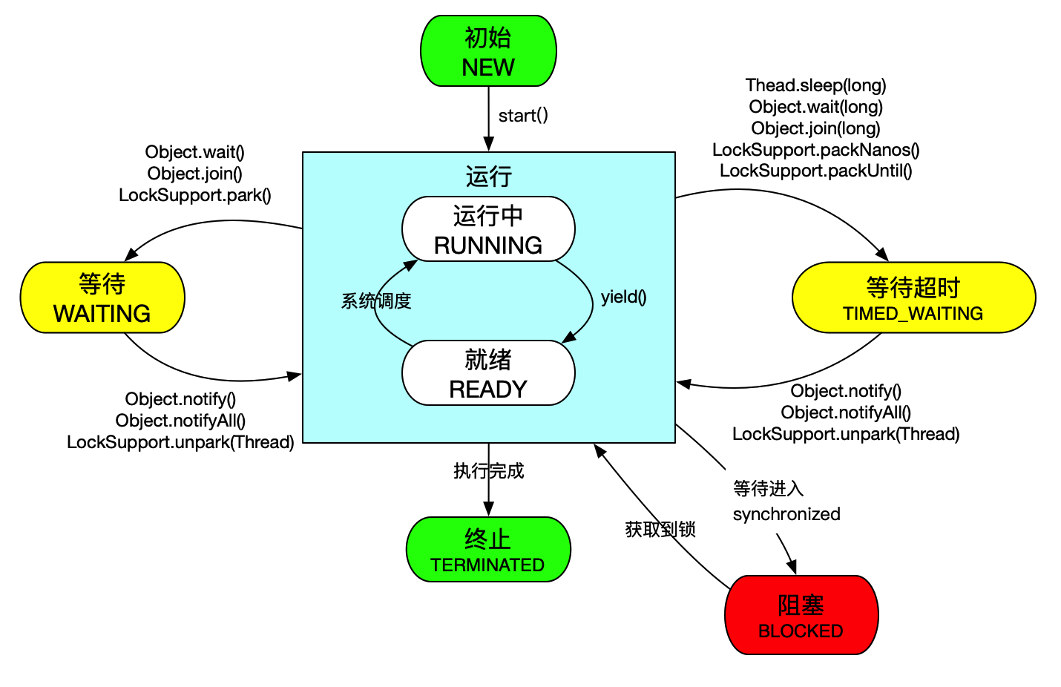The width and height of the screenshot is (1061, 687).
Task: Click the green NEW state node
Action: [x=488, y=51]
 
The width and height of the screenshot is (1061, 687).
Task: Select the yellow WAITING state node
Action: [x=102, y=298]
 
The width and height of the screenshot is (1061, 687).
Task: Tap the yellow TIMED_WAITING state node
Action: [x=913, y=298]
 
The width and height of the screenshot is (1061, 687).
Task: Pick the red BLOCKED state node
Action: [x=801, y=615]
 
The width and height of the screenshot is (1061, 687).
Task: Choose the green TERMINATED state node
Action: [x=488, y=550]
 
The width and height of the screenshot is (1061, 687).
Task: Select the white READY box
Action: [x=488, y=373]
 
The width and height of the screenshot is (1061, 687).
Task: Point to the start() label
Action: [x=523, y=116]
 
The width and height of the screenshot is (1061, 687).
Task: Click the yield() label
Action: [x=624, y=298]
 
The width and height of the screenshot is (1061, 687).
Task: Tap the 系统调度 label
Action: [x=376, y=301]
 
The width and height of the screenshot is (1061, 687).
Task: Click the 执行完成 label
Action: [x=489, y=471]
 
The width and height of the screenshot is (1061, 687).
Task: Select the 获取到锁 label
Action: [x=660, y=529]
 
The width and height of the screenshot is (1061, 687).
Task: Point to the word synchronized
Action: [x=786, y=514]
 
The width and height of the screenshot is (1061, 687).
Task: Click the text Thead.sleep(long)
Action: [x=816, y=85]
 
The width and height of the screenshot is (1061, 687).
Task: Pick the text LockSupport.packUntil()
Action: [x=816, y=171]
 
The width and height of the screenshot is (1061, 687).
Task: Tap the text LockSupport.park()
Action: [x=195, y=195]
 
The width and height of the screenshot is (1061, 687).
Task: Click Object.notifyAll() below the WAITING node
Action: [x=180, y=421]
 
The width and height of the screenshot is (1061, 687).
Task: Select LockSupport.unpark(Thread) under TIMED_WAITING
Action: [x=846, y=434]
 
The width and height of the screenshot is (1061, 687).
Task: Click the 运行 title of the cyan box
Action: [x=489, y=177]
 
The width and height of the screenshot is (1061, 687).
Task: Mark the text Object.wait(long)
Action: [x=816, y=107]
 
